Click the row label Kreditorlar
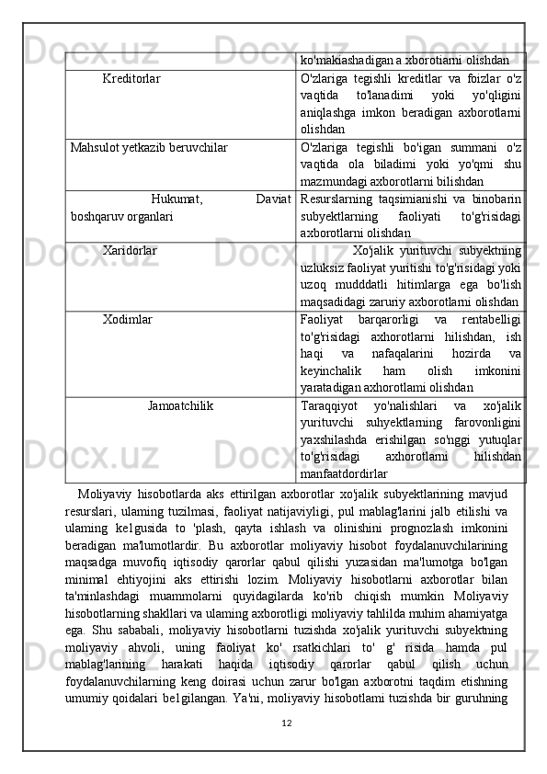coord(131,79)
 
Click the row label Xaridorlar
coord(130,249)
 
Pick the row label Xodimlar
coord(128,319)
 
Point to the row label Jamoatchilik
coord(181,404)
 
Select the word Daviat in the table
coord(274,197)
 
